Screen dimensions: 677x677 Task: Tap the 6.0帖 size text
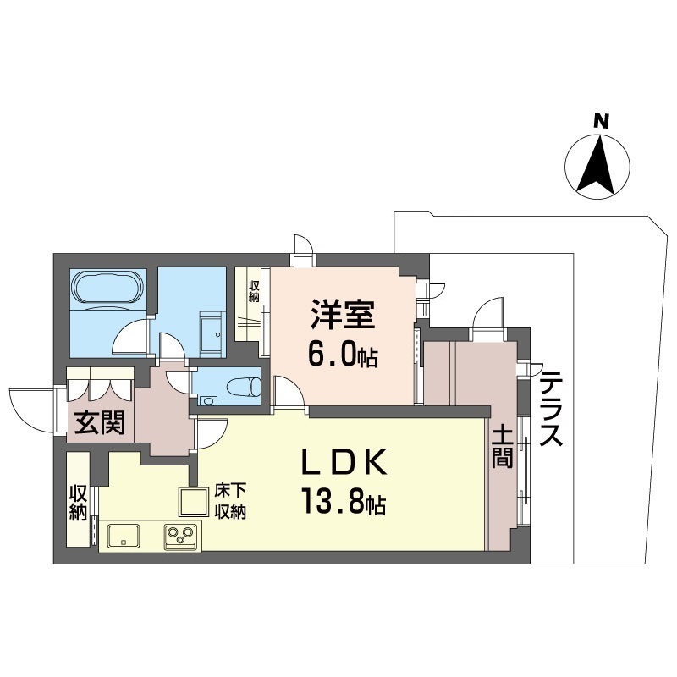pyautogui.click(x=343, y=354)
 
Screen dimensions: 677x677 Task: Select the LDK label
pyautogui.click(x=344, y=462)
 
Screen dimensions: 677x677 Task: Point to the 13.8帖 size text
pyautogui.click(x=344, y=501)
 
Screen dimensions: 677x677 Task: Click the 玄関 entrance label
pyautogui.click(x=100, y=422)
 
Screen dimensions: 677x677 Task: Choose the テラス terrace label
pyautogui.click(x=552, y=409)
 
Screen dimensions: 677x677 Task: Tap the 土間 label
pyautogui.click(x=502, y=446)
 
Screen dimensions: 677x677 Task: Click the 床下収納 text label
pyautogui.click(x=230, y=501)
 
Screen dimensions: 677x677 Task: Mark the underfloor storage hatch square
pyautogui.click(x=193, y=501)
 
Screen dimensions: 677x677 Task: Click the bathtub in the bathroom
pyautogui.click(x=108, y=288)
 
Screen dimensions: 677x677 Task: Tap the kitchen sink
pyautogui.click(x=124, y=537)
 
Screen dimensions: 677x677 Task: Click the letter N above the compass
pyautogui.click(x=601, y=121)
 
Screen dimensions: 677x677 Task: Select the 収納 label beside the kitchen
pyautogui.click(x=78, y=503)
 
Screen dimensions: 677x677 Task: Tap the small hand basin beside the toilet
pyautogui.click(x=209, y=400)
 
